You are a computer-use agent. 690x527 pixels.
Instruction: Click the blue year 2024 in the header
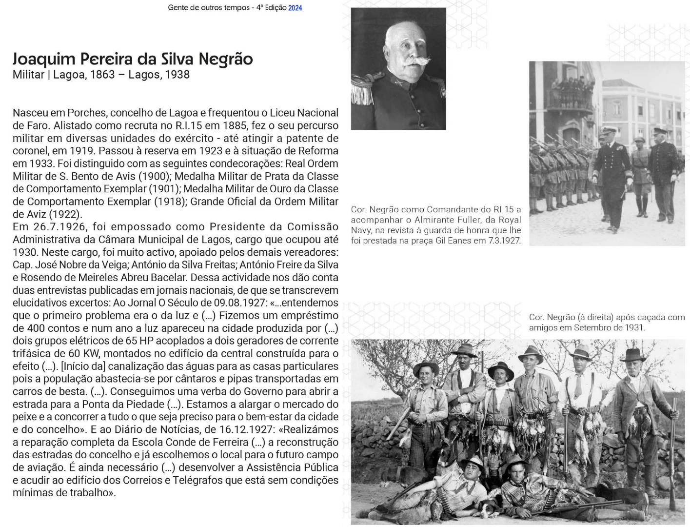pyautogui.click(x=295, y=8)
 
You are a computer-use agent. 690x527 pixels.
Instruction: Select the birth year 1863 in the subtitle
pyautogui.click(x=102, y=75)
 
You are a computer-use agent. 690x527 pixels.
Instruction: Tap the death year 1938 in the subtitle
pyautogui.click(x=177, y=75)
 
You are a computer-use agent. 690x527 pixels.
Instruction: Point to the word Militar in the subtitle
pyautogui.click(x=28, y=75)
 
